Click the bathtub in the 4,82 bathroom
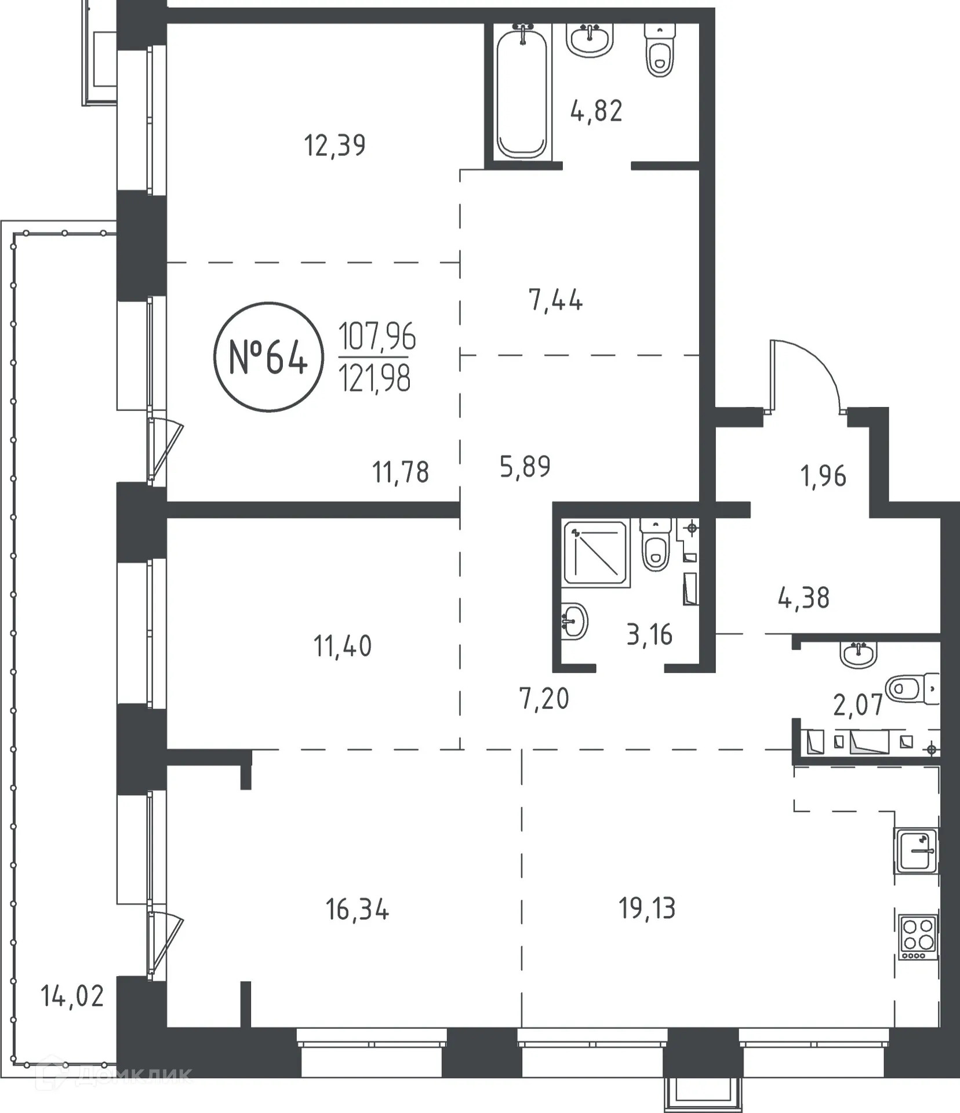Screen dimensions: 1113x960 522,93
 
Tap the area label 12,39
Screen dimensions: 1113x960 334,145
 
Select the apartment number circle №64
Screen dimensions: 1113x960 268,357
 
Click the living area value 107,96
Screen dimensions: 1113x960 377,336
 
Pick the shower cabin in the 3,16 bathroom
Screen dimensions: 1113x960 595,553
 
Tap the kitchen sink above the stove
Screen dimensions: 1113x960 916,850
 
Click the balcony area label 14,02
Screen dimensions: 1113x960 72,996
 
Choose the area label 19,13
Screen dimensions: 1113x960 647,908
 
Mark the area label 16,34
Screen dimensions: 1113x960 357,910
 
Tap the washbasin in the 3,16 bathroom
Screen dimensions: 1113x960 574,621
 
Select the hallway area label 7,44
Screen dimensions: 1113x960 555,300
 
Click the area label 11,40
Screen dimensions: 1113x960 342,646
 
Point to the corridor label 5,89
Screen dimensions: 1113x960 525,466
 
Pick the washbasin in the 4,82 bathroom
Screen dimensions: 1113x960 590,39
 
